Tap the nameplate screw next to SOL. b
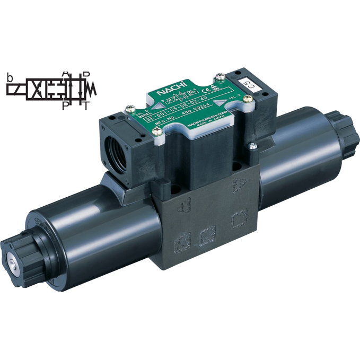(129, 109)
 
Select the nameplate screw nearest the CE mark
(218, 77)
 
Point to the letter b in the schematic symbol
(10, 78)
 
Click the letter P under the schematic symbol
(65, 106)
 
